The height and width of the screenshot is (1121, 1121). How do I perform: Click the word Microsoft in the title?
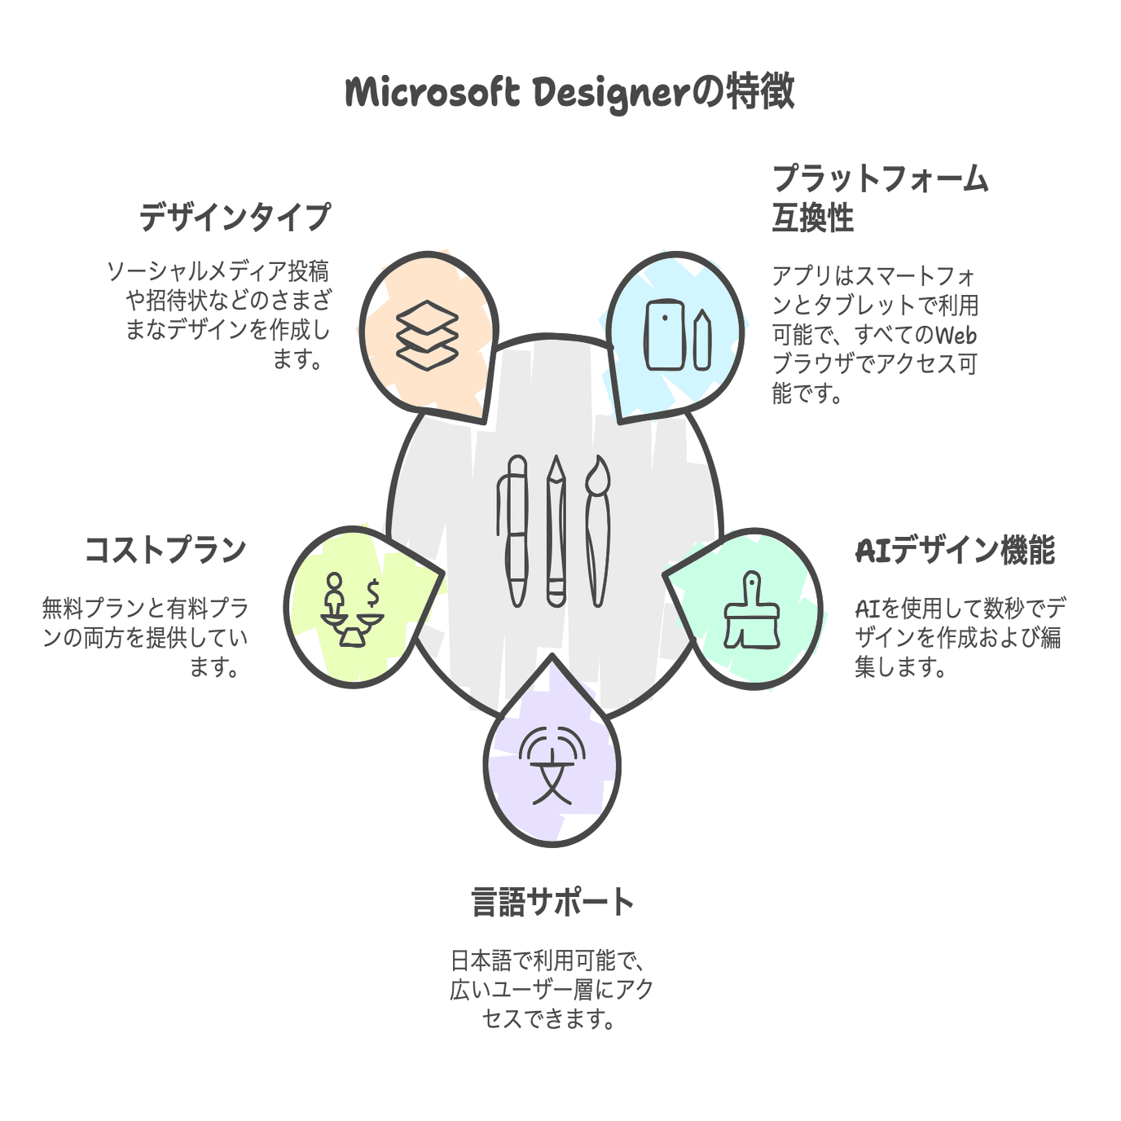(x=433, y=93)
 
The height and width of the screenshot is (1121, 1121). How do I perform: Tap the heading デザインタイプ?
(x=235, y=217)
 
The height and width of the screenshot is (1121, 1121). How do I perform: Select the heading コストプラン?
(x=166, y=550)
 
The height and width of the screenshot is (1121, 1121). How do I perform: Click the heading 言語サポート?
(x=552, y=903)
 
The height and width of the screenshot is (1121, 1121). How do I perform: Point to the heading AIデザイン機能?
(x=955, y=550)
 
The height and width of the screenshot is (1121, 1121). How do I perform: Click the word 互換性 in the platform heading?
(x=813, y=218)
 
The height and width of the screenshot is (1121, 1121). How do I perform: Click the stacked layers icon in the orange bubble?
(x=427, y=335)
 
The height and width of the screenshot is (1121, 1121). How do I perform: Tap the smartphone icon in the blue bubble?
(x=664, y=335)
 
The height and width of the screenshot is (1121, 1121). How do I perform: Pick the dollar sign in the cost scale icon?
(x=373, y=594)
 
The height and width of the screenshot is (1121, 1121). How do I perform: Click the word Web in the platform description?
(x=956, y=335)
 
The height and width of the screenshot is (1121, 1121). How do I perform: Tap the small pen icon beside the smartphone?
(x=703, y=340)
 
